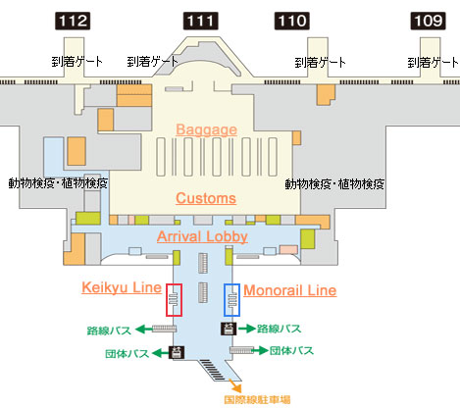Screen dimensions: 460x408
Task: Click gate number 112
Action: [73, 22]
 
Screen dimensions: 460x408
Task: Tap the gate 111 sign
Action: [201, 22]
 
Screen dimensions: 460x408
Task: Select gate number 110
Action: [292, 22]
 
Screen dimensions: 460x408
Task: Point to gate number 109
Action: [429, 22]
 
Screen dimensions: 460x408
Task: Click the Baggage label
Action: [206, 129]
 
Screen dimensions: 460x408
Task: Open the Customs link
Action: [206, 198]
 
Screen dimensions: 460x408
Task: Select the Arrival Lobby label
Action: [202, 236]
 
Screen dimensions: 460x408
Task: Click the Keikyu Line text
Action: [122, 287]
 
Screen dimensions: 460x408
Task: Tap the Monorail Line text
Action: [290, 290]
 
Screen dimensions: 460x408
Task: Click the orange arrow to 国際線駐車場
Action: [235, 385]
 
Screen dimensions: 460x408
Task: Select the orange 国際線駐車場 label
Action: [257, 399]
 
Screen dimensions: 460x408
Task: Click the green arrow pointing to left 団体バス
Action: [160, 353]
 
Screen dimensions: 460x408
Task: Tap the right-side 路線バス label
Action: [279, 329]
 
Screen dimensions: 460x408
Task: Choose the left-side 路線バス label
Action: [109, 331]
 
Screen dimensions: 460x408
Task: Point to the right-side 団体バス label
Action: [291, 350]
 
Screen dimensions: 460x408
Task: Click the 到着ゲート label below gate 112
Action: [77, 61]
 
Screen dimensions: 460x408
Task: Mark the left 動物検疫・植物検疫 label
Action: [58, 183]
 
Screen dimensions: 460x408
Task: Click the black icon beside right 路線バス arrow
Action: [230, 329]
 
